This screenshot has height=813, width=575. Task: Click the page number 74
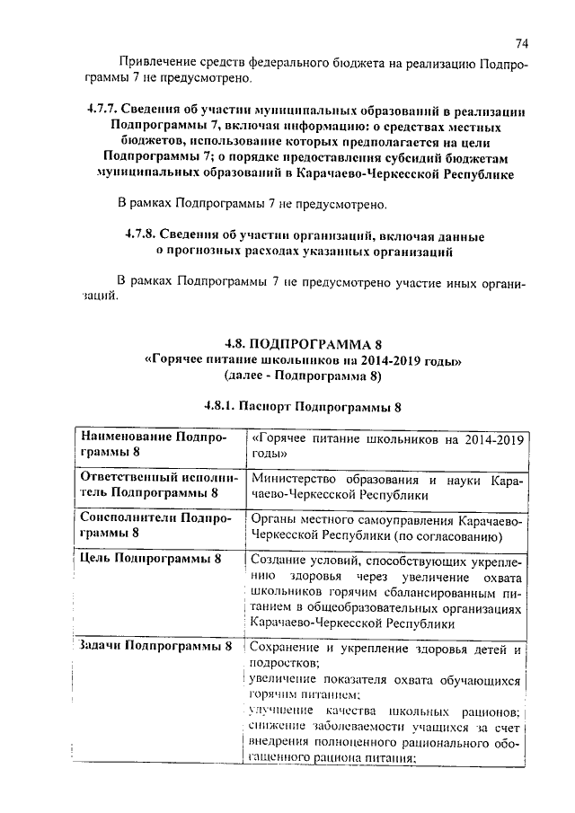522,43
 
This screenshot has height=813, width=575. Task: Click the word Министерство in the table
300,479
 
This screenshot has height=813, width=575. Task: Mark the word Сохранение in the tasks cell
288,648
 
